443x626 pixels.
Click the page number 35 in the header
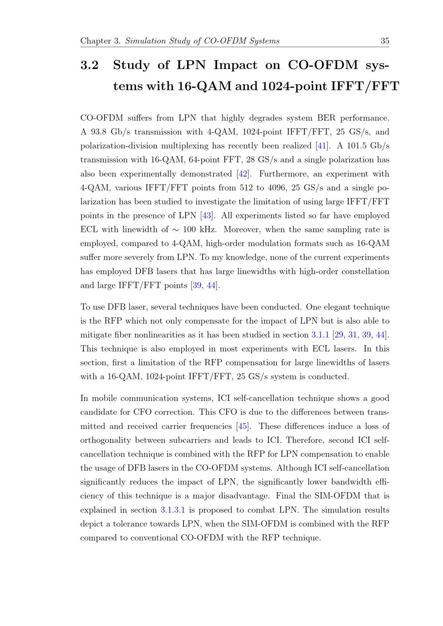[385, 41]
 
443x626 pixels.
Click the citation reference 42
[242, 174]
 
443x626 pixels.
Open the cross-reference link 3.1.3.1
[173, 510]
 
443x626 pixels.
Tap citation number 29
[338, 335]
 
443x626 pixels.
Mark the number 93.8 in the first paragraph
[99, 132]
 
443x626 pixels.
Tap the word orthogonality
[105, 440]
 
